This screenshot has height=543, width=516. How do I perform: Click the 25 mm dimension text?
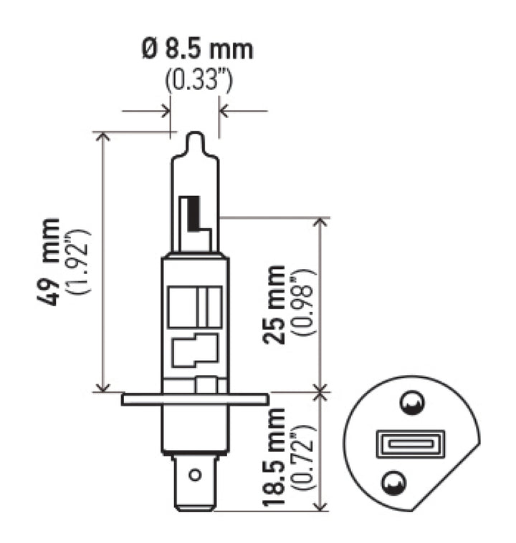coord(274,304)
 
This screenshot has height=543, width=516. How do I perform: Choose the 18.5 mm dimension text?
coord(274,458)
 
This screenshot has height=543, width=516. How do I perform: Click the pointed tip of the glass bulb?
coord(195,136)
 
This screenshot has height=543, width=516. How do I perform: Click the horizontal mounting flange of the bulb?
coord(195,399)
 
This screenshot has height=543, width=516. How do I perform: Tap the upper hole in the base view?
coord(411,405)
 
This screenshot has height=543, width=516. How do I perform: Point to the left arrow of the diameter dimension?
coord(165,111)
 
